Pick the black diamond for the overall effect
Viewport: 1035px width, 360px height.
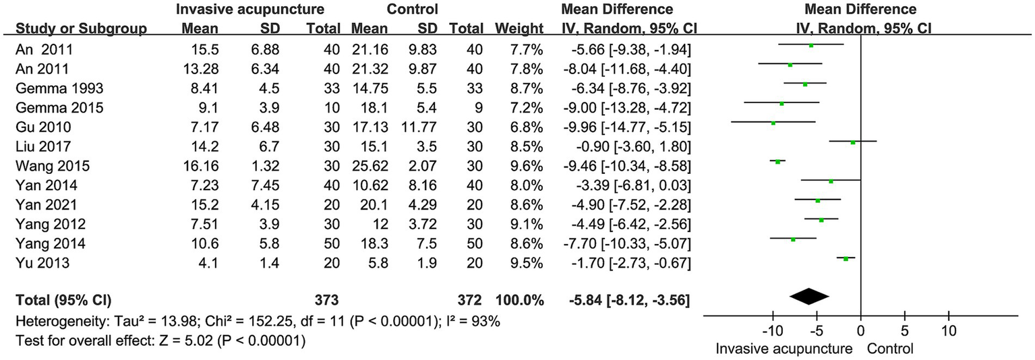[x=808, y=296]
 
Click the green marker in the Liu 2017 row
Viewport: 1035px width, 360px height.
[x=853, y=142]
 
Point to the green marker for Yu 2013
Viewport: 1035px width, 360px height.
[x=846, y=258]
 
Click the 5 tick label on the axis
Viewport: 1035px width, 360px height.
[x=905, y=333]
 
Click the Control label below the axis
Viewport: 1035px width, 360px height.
[x=891, y=349]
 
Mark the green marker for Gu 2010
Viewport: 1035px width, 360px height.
[x=773, y=123]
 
